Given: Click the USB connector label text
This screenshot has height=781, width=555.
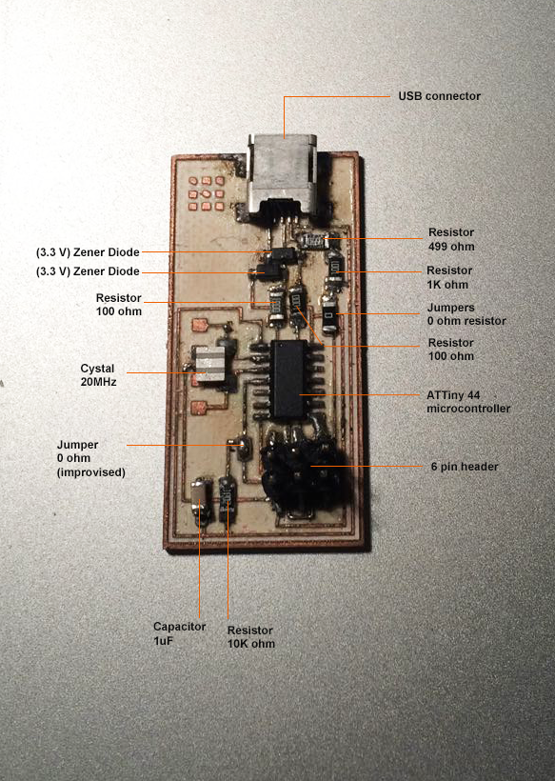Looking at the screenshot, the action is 439,96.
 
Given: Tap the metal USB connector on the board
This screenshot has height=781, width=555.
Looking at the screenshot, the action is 282,176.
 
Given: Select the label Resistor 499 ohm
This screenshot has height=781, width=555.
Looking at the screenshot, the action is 451,239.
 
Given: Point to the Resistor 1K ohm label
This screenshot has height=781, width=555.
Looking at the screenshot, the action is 449,277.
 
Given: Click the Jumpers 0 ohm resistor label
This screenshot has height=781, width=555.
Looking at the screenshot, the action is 466,314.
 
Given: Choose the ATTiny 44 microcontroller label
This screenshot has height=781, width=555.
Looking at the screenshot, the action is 467,402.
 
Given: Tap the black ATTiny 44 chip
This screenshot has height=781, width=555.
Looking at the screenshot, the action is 287,379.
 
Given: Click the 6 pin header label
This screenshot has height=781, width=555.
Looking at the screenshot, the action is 465,467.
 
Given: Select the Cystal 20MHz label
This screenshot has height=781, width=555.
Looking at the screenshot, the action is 99,375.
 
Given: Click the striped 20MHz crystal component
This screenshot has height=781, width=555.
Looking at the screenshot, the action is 210,365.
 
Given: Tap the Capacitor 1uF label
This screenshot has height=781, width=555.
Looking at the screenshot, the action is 179,633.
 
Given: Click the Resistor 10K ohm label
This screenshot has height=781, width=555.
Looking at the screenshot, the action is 251,637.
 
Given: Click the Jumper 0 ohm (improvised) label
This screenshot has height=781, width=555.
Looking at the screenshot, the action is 90,458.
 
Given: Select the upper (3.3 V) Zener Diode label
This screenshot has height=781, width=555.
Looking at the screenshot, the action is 88,252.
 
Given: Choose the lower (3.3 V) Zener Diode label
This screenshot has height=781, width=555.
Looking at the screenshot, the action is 88,271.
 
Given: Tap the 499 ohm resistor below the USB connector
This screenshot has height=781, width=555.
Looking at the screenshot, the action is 313,241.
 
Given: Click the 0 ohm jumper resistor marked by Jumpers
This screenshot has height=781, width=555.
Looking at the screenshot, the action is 329,316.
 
